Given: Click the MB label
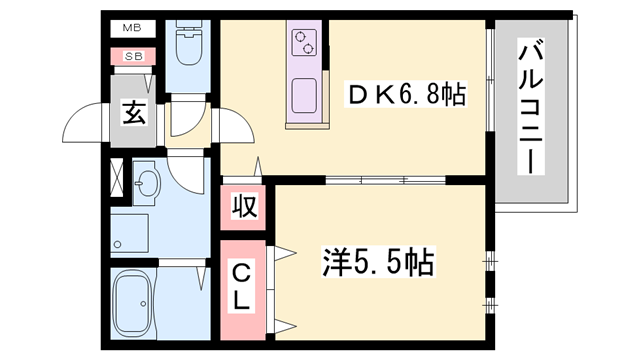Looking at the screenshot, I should [x=131, y=28].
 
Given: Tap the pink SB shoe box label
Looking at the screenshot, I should [x=133, y=57].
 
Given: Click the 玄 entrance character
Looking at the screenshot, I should [x=133, y=113].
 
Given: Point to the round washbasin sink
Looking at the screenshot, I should [x=147, y=185].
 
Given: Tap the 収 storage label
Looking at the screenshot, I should [x=245, y=206].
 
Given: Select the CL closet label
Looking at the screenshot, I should [x=243, y=285].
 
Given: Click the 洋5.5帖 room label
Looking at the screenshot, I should [x=379, y=263].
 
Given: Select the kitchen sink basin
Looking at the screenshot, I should [x=304, y=98].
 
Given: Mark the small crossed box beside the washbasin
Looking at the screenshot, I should [x=118, y=184].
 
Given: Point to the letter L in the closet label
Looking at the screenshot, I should [x=243, y=299].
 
